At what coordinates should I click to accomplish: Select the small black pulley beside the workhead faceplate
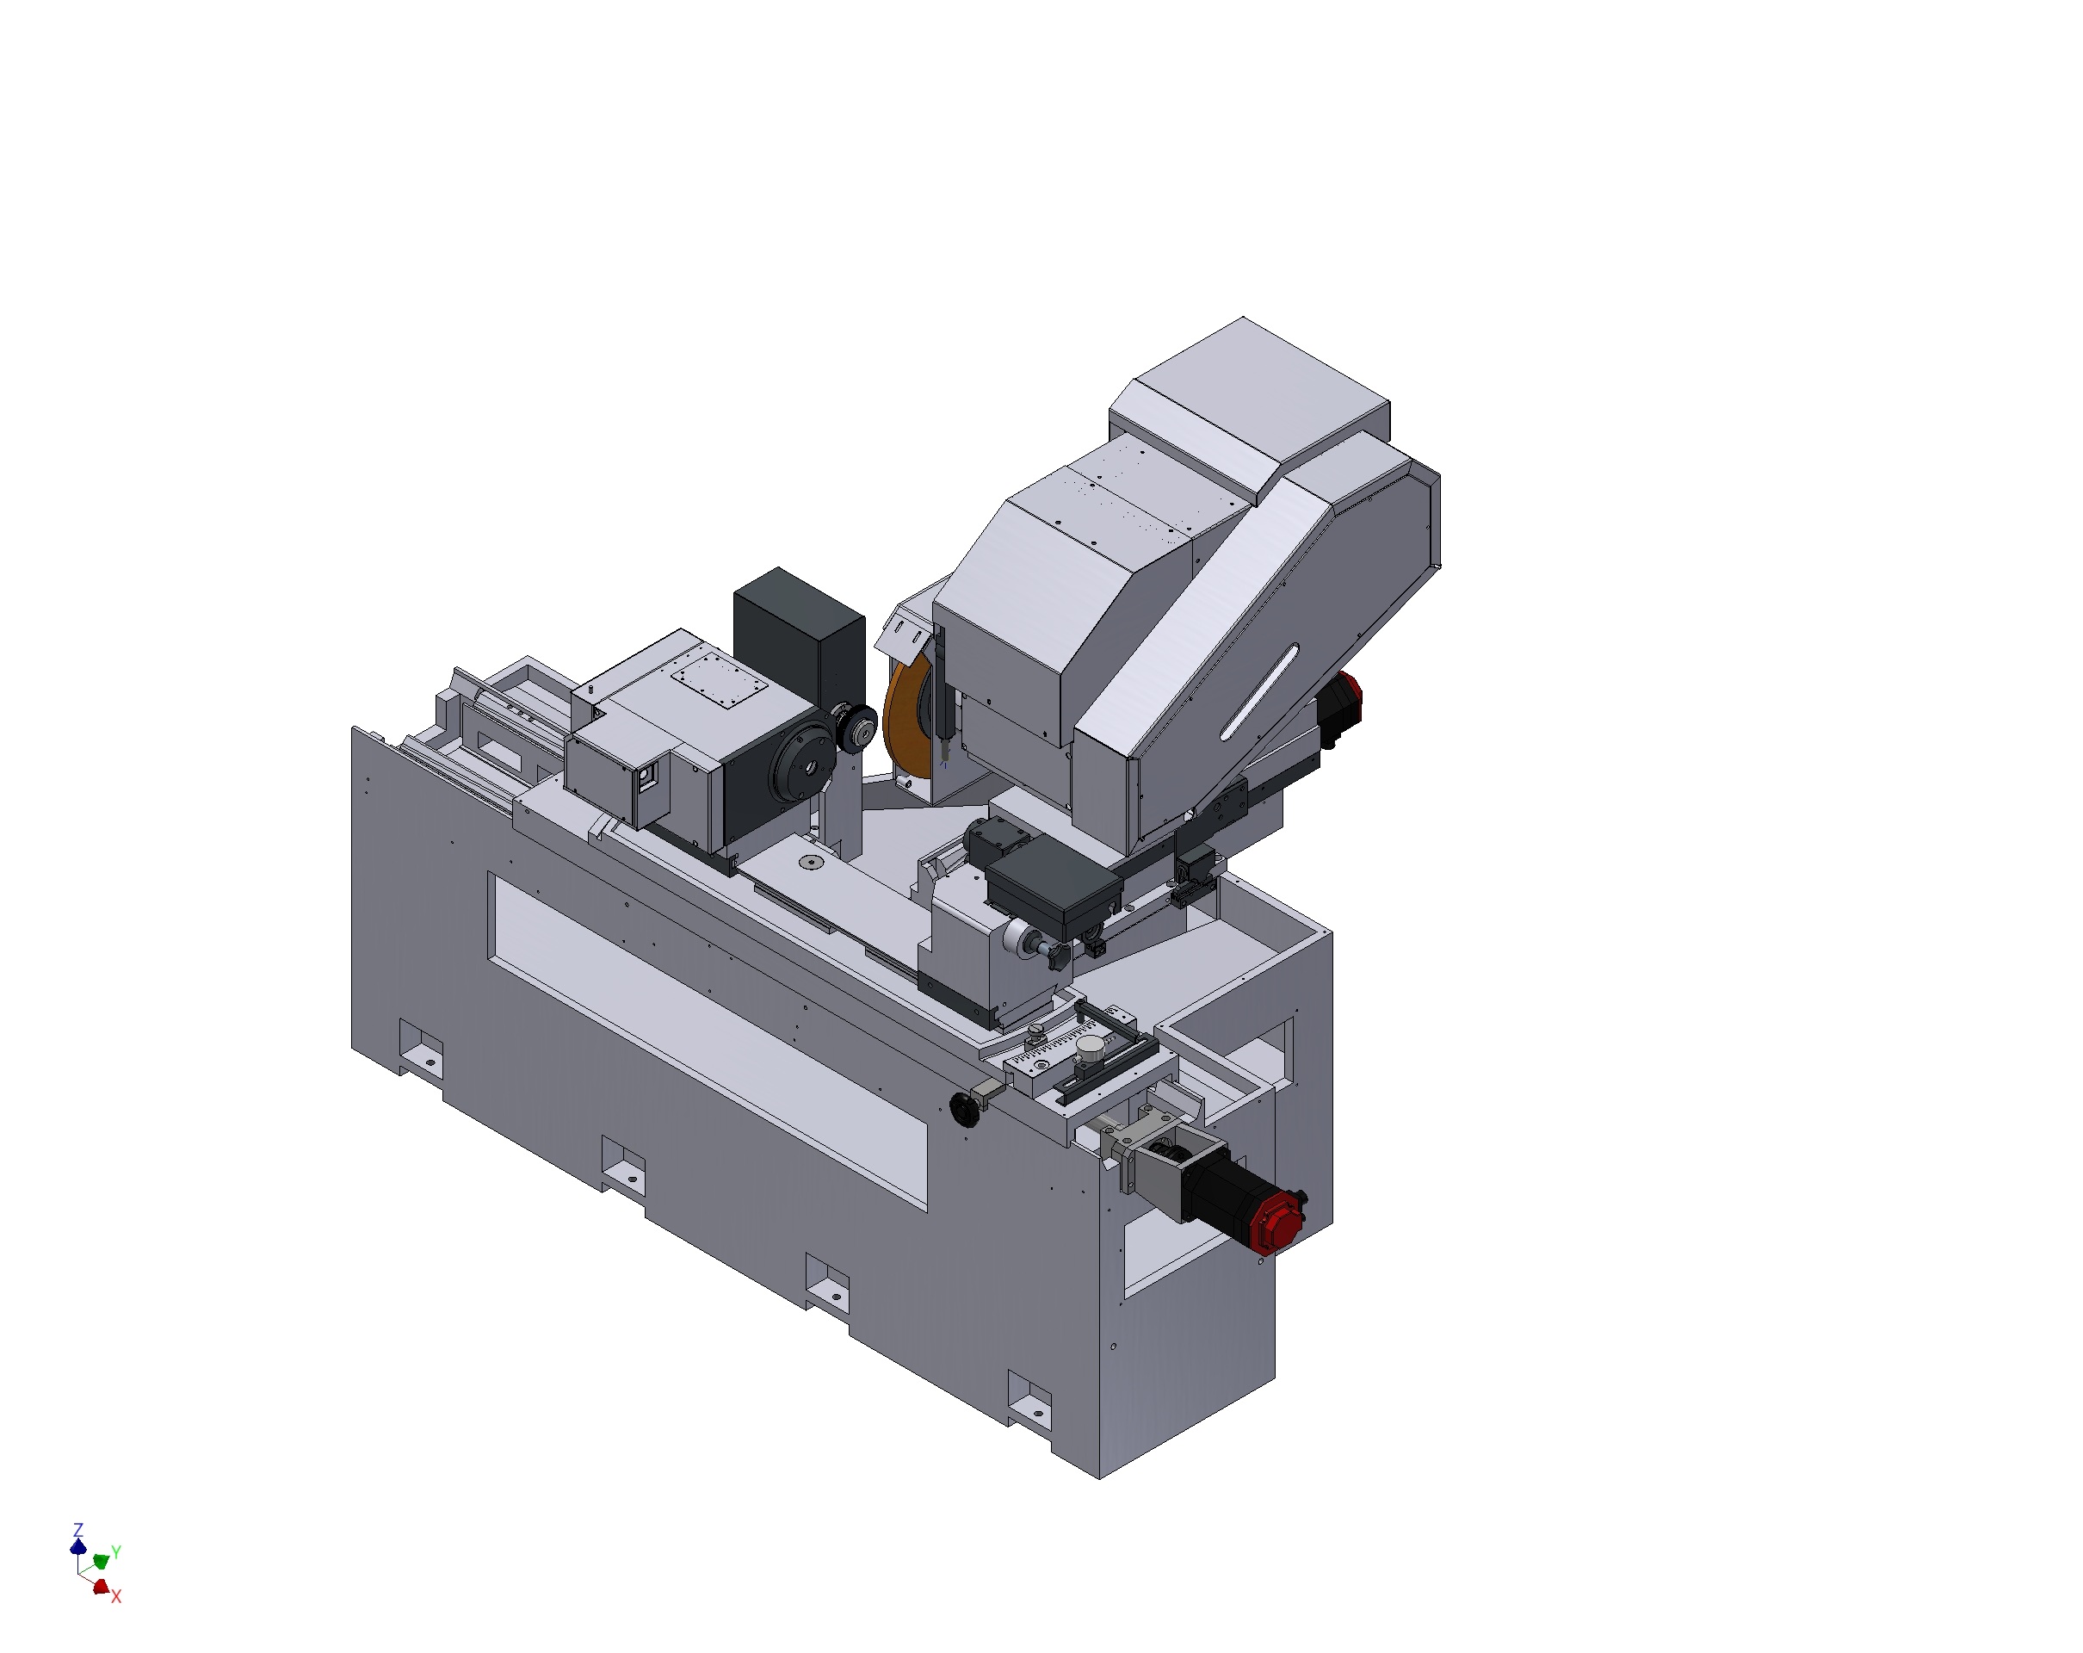pyautogui.click(x=856, y=728)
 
